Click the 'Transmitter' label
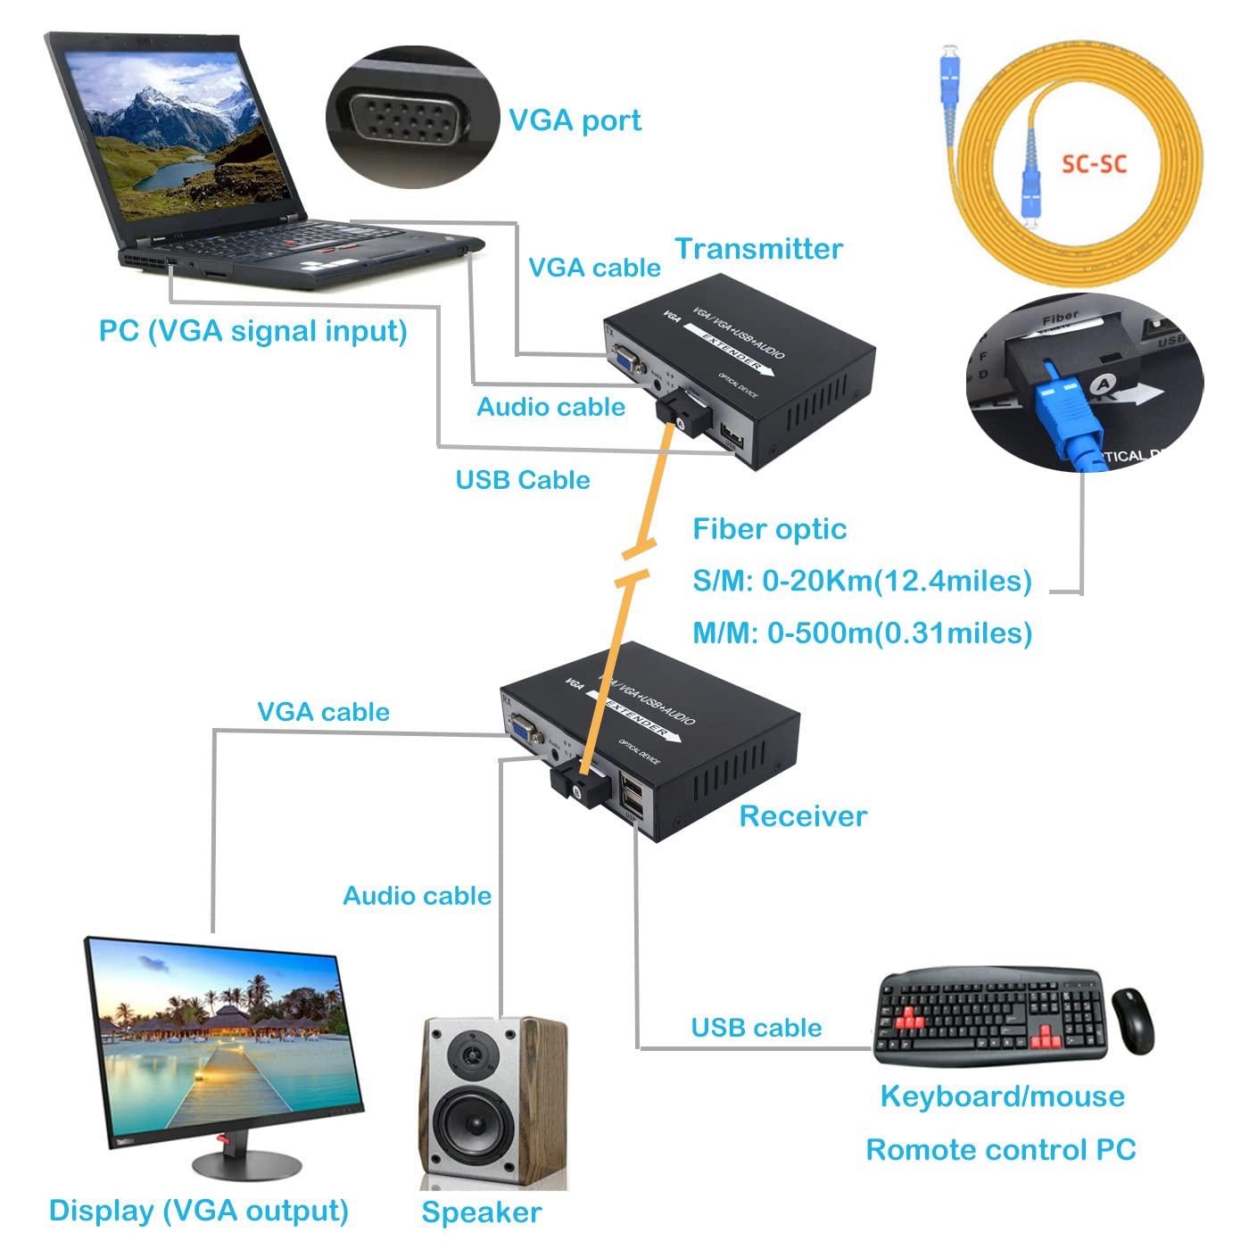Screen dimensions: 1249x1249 click(758, 249)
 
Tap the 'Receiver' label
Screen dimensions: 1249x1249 click(803, 815)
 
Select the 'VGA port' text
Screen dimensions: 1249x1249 click(575, 120)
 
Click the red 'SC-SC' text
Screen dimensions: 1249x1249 click(1094, 164)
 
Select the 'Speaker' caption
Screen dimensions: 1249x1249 click(481, 1212)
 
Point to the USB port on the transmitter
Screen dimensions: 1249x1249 click(732, 436)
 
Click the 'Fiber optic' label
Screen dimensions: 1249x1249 click(769, 529)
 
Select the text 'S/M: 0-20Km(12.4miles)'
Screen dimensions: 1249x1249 click(862, 581)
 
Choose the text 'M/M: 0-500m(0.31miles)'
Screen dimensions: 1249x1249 click(862, 633)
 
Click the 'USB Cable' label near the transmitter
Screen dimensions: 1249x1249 click(523, 480)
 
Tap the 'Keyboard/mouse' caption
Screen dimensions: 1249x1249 click(1002, 1096)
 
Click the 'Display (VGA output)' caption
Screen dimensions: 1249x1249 click(198, 1210)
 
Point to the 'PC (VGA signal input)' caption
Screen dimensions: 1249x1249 click(252, 331)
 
